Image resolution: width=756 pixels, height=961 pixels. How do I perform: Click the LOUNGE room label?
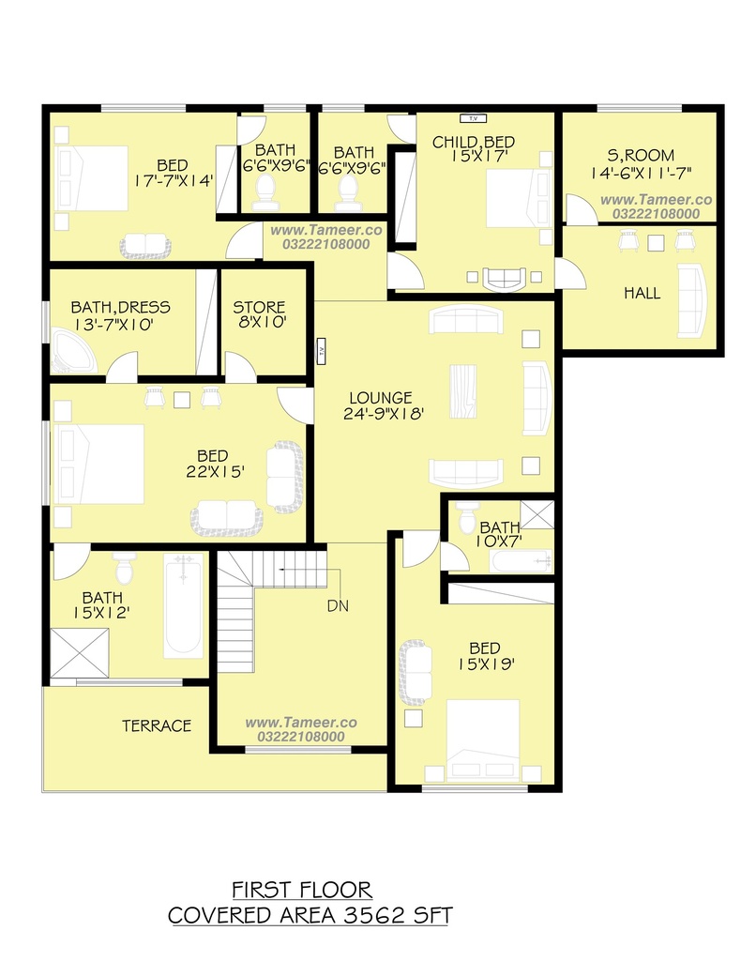coord(381,398)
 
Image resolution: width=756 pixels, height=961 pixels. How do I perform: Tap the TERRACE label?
coord(157,726)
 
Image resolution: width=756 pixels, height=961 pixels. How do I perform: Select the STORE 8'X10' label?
coord(260,314)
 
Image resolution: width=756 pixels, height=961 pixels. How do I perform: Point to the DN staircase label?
coord(338,606)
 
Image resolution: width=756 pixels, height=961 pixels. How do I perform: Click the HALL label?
coord(643,294)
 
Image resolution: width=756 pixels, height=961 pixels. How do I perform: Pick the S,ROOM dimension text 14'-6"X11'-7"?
coord(641,174)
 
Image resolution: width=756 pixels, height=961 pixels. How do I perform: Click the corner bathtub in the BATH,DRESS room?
coord(73,351)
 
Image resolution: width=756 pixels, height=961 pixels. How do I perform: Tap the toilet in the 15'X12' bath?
coord(124,568)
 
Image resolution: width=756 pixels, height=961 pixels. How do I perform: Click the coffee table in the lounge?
coord(462,391)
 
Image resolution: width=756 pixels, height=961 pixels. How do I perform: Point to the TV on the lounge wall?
coord(321,351)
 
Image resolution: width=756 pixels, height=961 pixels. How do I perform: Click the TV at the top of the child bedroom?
coord(473,118)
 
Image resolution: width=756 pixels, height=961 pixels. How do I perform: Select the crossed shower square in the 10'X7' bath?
coord(537,515)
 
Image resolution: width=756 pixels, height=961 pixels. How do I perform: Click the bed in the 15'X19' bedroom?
coord(483,740)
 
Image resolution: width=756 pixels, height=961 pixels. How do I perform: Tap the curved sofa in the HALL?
coord(691,301)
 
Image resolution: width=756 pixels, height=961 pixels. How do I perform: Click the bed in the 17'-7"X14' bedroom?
coord(92,178)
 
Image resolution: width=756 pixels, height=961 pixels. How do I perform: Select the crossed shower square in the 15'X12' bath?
coord(79,653)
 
